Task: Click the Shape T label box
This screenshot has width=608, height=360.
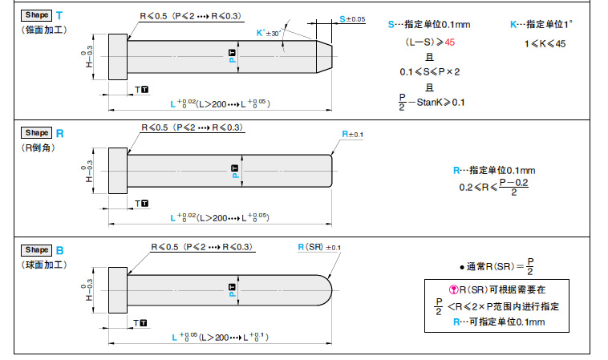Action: point(37,15)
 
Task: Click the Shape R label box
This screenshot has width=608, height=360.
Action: point(37,133)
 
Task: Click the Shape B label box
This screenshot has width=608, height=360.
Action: point(37,250)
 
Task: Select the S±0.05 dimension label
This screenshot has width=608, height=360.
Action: point(351,18)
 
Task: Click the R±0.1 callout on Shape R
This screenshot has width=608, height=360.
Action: point(352,135)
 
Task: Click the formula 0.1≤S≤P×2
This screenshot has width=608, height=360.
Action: point(429,72)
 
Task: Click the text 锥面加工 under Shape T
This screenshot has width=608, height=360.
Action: point(45,30)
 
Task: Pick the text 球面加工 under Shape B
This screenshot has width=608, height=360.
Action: point(45,265)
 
